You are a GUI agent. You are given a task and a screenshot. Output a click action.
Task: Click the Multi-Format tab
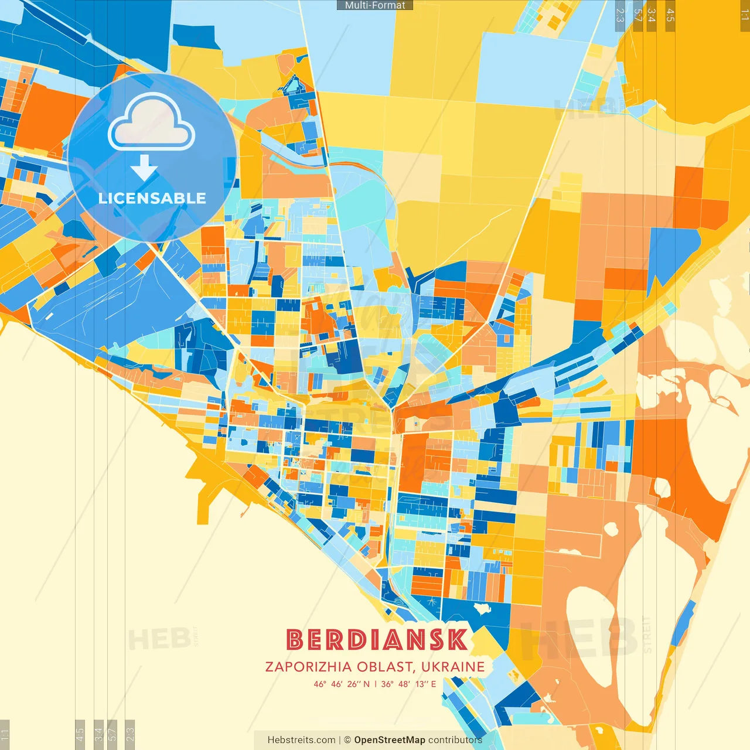375,5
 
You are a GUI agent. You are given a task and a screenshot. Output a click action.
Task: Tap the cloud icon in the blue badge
152,124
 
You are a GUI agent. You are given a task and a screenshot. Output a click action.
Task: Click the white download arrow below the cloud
144,168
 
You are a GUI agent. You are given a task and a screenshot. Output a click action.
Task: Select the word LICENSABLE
152,198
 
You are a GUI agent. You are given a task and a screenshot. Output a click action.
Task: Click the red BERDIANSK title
377,640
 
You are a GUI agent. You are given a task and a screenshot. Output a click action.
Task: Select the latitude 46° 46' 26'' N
342,684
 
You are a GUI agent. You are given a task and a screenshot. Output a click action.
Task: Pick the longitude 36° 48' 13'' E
408,684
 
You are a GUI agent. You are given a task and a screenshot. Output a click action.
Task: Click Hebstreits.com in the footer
301,740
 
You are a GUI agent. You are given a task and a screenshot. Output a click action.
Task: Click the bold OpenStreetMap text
390,740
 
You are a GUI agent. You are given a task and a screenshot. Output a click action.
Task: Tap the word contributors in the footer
455,740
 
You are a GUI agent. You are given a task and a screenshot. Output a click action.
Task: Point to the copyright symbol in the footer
347,740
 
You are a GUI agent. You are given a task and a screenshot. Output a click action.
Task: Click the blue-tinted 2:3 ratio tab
620,15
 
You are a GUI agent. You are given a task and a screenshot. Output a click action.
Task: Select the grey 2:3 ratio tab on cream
130,734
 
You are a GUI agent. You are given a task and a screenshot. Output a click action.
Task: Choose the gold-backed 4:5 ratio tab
670,15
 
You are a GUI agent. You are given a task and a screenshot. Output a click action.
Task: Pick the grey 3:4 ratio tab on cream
98,734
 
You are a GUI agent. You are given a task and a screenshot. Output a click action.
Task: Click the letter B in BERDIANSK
296,640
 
